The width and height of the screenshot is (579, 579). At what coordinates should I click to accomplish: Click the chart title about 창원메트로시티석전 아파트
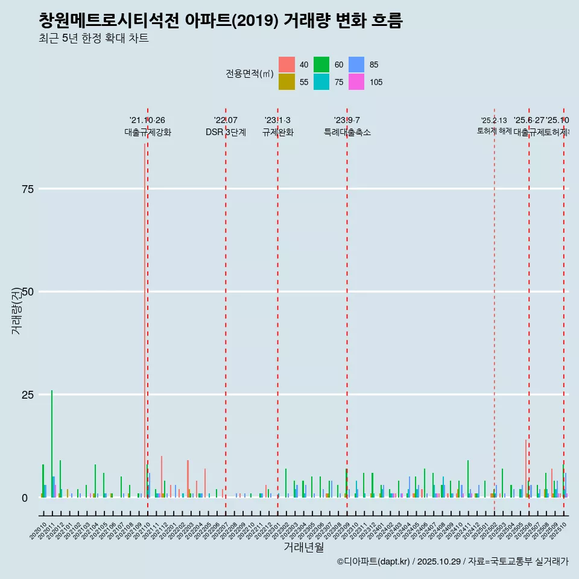[x=220, y=21]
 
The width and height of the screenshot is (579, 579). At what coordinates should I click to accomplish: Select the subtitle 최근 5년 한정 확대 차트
[x=93, y=39]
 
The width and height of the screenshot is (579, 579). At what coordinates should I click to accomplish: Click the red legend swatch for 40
[x=287, y=65]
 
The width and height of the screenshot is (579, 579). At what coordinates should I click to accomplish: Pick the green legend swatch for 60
[x=321, y=65]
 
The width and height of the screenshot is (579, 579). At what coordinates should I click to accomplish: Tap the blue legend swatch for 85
[x=356, y=65]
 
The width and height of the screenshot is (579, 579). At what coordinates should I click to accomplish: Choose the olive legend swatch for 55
[x=287, y=82]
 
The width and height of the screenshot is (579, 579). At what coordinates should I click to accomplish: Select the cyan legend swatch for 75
[x=321, y=82]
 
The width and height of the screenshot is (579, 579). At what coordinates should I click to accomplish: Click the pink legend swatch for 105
[x=356, y=82]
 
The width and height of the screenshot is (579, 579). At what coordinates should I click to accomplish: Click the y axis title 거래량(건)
[x=16, y=311]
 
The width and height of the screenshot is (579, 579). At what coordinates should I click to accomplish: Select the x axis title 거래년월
[x=303, y=547]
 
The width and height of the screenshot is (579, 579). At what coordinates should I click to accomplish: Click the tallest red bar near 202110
[x=145, y=320]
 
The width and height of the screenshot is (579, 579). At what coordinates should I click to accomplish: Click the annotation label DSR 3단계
[x=226, y=132]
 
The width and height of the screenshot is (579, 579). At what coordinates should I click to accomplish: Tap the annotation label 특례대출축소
[x=347, y=132]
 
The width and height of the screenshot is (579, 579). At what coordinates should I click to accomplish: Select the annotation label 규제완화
[x=277, y=132]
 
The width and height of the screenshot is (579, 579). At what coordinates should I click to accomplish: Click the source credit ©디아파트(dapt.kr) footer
[x=452, y=562]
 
